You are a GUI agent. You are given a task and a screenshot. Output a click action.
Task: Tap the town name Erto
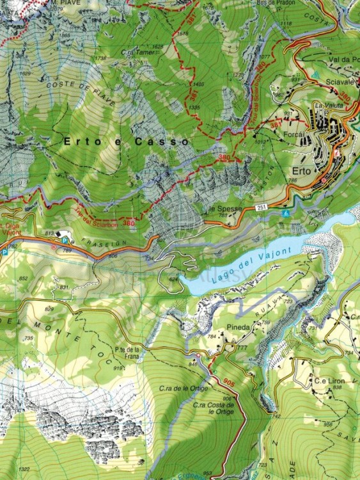(301, 171)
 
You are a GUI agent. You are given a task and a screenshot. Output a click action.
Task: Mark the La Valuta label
(325, 105)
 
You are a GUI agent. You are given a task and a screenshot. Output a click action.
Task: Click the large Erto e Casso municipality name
(125, 140)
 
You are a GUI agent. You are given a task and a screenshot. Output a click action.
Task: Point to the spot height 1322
(23, 469)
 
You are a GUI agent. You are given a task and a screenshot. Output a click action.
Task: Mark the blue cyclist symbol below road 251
(285, 212)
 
